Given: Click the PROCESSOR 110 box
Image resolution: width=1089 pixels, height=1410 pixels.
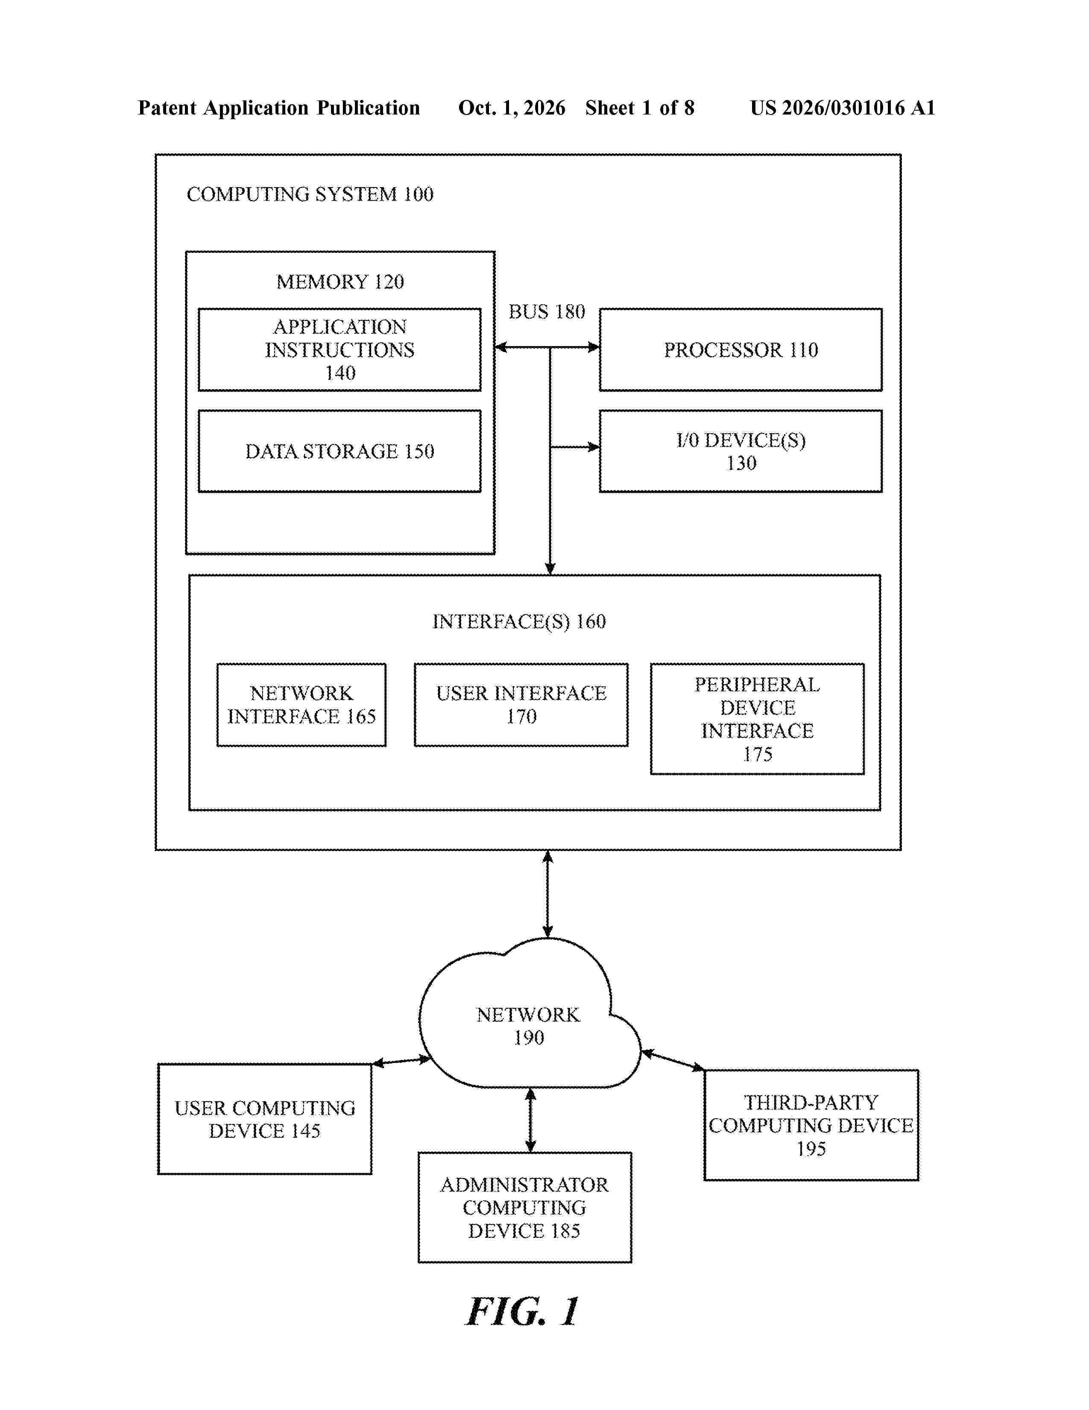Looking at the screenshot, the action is pyautogui.click(x=741, y=349).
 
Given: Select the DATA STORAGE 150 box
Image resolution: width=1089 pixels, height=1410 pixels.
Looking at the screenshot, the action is pyautogui.click(x=340, y=451).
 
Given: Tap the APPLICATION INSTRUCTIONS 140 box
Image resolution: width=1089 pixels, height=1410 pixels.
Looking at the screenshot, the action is pyautogui.click(x=340, y=349).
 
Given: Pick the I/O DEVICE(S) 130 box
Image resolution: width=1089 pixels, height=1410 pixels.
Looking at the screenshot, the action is pyautogui.click(x=741, y=451).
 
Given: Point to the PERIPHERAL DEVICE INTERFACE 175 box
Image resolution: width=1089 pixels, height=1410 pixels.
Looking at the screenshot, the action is pyautogui.click(x=758, y=719).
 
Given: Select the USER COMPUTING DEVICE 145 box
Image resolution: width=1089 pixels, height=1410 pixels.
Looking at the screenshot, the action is pyautogui.click(x=264, y=1119).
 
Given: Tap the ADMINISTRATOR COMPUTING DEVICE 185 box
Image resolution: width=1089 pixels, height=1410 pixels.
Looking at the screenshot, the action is pyautogui.click(x=524, y=1207).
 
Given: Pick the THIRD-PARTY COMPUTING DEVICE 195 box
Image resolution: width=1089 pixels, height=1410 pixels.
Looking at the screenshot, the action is pyautogui.click(x=811, y=1125).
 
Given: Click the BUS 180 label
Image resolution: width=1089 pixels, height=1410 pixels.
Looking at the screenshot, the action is pyautogui.click(x=547, y=312).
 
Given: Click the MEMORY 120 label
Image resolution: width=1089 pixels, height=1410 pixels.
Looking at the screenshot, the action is pyautogui.click(x=340, y=282).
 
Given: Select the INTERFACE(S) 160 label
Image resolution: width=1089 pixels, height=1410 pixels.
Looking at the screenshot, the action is pyautogui.click(x=519, y=621).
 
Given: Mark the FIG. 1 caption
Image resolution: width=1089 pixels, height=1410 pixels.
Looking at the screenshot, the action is pyautogui.click(x=523, y=1311).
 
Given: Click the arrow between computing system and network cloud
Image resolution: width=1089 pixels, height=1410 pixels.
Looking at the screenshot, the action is pyautogui.click(x=548, y=894).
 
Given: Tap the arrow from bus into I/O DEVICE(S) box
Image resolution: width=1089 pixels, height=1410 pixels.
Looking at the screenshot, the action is pyautogui.click(x=575, y=447).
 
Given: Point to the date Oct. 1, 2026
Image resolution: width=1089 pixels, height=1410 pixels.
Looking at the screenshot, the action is pyautogui.click(x=512, y=108).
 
